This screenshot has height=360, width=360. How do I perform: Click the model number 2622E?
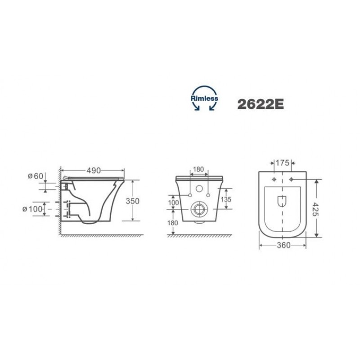(x=261, y=104)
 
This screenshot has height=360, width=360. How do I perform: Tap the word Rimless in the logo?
(x=204, y=99)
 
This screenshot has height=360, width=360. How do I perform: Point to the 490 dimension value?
(x=94, y=171)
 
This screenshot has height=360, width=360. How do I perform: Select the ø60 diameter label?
(x=36, y=176)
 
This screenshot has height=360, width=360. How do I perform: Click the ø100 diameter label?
(x=32, y=209)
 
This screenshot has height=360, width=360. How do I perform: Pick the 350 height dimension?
(x=132, y=201)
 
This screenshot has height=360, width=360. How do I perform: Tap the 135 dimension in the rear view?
(x=226, y=199)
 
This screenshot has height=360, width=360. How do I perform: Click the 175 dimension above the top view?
(x=283, y=163)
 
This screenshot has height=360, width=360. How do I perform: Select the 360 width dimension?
(x=283, y=245)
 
